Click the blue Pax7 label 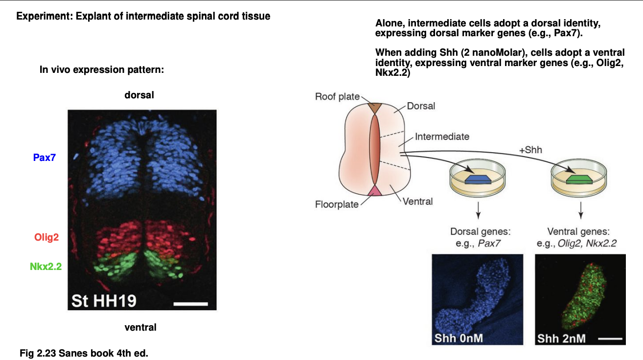pyautogui.click(x=44, y=157)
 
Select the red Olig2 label pyautogui.click(x=46, y=238)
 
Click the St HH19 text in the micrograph pyautogui.click(x=104, y=300)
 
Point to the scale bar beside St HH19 pyautogui.click(x=190, y=304)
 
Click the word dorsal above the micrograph pyautogui.click(x=139, y=95)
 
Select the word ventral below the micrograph pyautogui.click(x=140, y=327)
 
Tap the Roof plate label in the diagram pyautogui.click(x=337, y=96)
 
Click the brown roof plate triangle pyautogui.click(x=375, y=108)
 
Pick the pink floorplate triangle pyautogui.click(x=375, y=190)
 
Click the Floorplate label pyautogui.click(x=337, y=204)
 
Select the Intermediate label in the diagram pyautogui.click(x=442, y=136)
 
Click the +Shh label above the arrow pyautogui.click(x=530, y=150)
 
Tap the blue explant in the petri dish pyautogui.click(x=478, y=180)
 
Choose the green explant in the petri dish pyautogui.click(x=580, y=180)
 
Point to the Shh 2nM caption pyautogui.click(x=561, y=338)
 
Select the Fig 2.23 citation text pyautogui.click(x=84, y=353)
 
